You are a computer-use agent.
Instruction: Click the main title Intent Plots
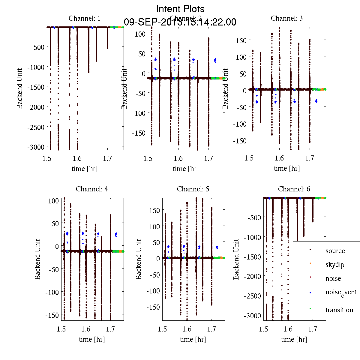180,9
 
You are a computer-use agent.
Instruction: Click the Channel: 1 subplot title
85,18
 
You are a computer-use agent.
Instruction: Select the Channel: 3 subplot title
286,18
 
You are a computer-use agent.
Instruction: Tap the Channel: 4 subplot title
92,189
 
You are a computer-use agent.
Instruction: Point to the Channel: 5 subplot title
193,189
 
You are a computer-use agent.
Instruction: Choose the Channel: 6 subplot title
294,189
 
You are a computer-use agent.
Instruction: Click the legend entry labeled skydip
334,265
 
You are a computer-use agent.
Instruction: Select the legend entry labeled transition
339,310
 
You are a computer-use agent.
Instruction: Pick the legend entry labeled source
335,251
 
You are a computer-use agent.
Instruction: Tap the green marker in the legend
310,309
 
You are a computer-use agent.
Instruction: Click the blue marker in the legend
310,292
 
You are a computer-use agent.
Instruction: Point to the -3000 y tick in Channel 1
36,147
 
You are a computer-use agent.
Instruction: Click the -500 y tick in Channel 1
37,47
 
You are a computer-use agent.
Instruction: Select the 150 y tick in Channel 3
241,40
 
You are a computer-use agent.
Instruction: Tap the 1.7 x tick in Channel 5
211,329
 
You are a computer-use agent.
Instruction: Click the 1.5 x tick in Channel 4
61,329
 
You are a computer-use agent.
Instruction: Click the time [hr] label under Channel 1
84,169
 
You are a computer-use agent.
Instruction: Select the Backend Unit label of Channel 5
138,259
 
